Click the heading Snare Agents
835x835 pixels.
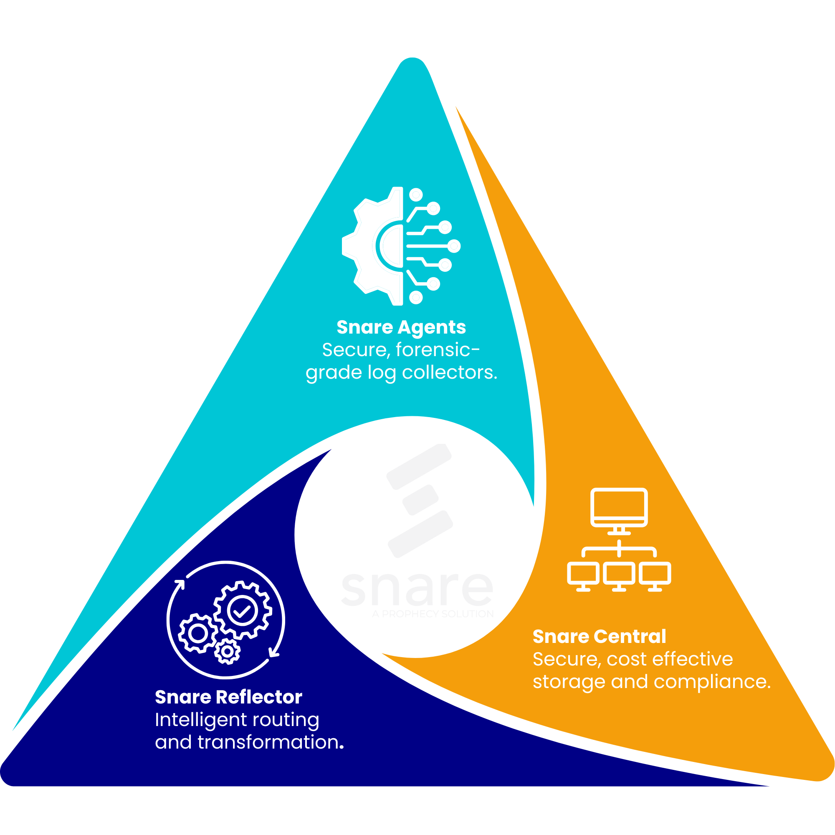tap(401, 327)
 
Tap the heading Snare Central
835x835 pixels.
tap(599, 637)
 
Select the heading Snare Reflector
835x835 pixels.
tap(228, 697)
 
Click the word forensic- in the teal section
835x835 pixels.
tap(438, 349)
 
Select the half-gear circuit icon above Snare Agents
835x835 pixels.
tap(401, 246)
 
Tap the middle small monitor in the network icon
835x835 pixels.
tap(619, 575)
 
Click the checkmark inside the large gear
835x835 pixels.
tap(243, 611)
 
